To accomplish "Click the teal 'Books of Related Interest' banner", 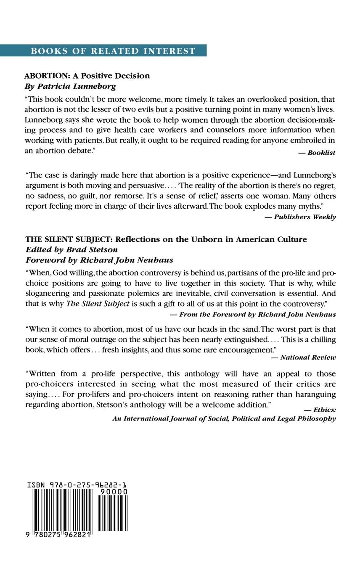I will click(103, 50).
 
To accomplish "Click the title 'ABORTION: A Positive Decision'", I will click(87, 76).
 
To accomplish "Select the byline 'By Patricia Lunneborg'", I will click(70, 86).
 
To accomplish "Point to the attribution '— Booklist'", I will click(317, 153).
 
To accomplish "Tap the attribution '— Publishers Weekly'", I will click(300, 217).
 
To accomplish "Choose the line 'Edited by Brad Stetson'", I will click(71, 249).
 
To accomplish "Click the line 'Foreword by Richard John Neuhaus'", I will click(99, 260).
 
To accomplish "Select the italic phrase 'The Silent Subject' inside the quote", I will click(98, 304).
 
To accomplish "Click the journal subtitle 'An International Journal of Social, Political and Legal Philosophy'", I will click(224, 419).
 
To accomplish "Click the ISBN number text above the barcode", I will click(77, 485).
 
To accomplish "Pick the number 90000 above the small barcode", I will click(113, 492).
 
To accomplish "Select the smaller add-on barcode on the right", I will click(112, 513).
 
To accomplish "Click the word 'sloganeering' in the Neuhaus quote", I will click(46, 293).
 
